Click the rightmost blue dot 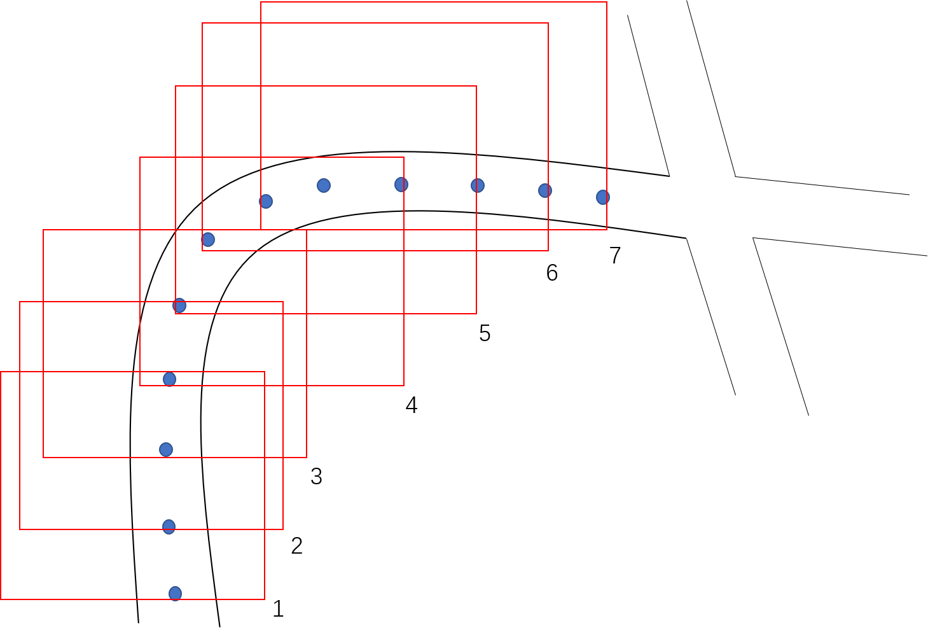click(603, 197)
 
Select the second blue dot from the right click(545, 190)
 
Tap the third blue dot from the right click(478, 185)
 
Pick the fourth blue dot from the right click(401, 185)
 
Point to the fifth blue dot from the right click(324, 185)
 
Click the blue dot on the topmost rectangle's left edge click(266, 201)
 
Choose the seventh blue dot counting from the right click(208, 239)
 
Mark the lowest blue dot click(175, 594)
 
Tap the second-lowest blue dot click(169, 527)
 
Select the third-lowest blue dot click(166, 450)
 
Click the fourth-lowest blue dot click(169, 379)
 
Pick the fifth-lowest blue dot click(179, 305)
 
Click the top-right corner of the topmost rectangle click(607, 2)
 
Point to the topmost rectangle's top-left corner click(261, 2)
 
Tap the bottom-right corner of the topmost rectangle click(607, 230)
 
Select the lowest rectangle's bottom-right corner click(265, 599)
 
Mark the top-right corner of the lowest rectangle click(265, 372)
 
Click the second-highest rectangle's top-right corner click(548, 23)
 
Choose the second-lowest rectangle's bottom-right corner click(283, 529)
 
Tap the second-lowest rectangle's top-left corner click(20, 302)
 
